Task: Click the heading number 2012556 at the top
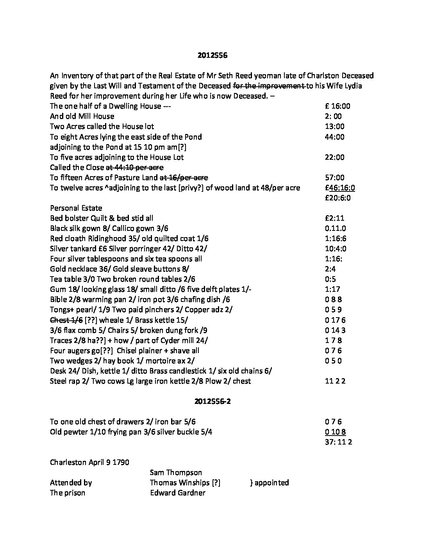point(212,55)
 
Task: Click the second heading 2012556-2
point(212,401)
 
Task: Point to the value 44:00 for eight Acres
point(334,137)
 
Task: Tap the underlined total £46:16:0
point(340,188)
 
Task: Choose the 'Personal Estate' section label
point(76,208)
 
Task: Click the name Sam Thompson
point(176,472)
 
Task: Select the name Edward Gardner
point(177,493)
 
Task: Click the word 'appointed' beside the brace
point(272,482)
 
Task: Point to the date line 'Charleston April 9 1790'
point(89,462)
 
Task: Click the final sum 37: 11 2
point(338,442)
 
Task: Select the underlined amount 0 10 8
point(335,432)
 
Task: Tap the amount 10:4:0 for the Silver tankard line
point(336,248)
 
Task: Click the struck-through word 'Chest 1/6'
point(66,320)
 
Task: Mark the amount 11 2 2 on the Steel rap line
point(335,381)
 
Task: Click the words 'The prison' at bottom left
point(68,493)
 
